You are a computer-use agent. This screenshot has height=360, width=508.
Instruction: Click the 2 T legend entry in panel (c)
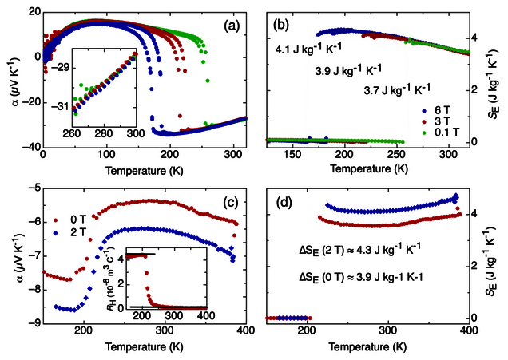65,229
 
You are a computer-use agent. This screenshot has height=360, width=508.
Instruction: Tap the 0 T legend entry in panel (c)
65,217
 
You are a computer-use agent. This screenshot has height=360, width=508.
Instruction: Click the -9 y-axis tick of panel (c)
33,323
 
